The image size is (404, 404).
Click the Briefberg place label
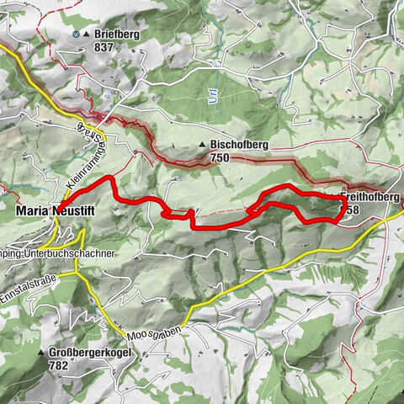(x=116, y=35)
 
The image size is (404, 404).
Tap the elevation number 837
(x=106, y=47)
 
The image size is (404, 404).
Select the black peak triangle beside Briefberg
(x=88, y=35)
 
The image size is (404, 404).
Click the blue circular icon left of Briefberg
(x=76, y=35)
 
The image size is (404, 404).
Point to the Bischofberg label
(x=240, y=145)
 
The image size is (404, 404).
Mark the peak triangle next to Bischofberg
(x=203, y=145)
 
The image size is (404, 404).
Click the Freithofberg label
(x=370, y=197)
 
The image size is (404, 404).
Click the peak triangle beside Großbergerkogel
(x=40, y=353)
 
